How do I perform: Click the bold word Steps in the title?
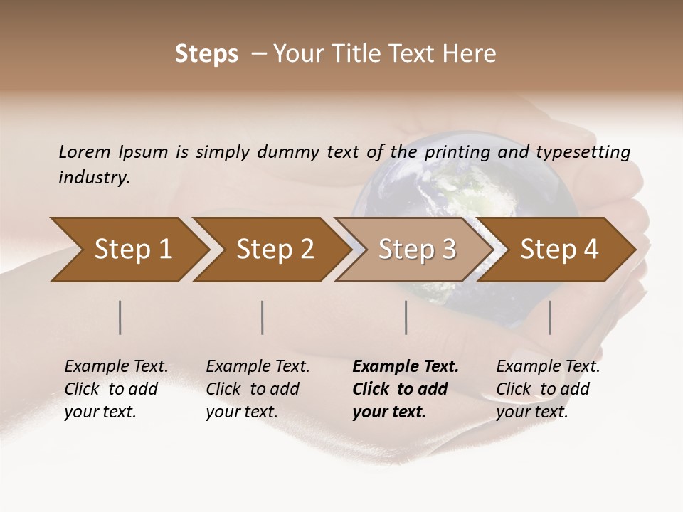pos(206,54)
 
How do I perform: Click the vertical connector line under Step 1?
pos(120,317)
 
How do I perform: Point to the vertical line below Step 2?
pos(263,317)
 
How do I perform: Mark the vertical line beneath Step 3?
pos(406,317)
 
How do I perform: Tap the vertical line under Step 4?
pos(550,317)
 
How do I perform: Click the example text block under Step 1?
pos(116,389)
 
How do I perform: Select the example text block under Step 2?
pos(258,389)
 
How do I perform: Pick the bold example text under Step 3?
pos(406,389)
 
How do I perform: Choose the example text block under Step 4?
pos(548,389)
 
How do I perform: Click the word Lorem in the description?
pos(85,151)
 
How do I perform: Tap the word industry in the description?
pos(94,178)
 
